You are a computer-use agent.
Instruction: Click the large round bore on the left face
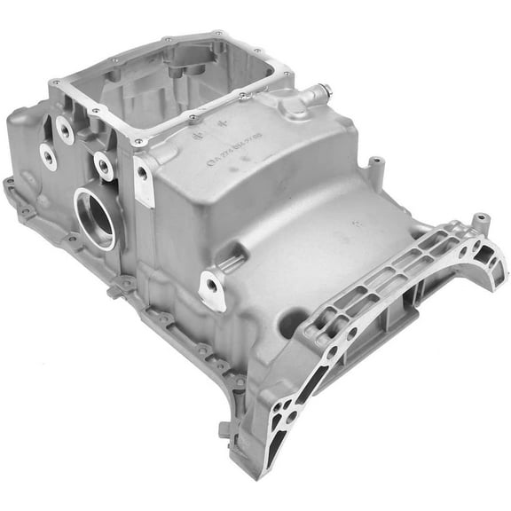pyautogui.click(x=96, y=216)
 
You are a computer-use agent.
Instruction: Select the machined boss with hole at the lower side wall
pyautogui.click(x=212, y=287)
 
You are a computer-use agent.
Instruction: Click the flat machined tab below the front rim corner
pyautogui.click(x=143, y=181)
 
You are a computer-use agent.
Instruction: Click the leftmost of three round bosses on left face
pyautogui.click(x=48, y=158)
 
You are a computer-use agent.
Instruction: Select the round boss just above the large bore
pyautogui.click(x=105, y=165)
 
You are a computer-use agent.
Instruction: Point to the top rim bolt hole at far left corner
pyautogui.click(x=56, y=82)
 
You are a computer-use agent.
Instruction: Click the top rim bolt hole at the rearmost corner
pyautogui.click(x=219, y=35)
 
